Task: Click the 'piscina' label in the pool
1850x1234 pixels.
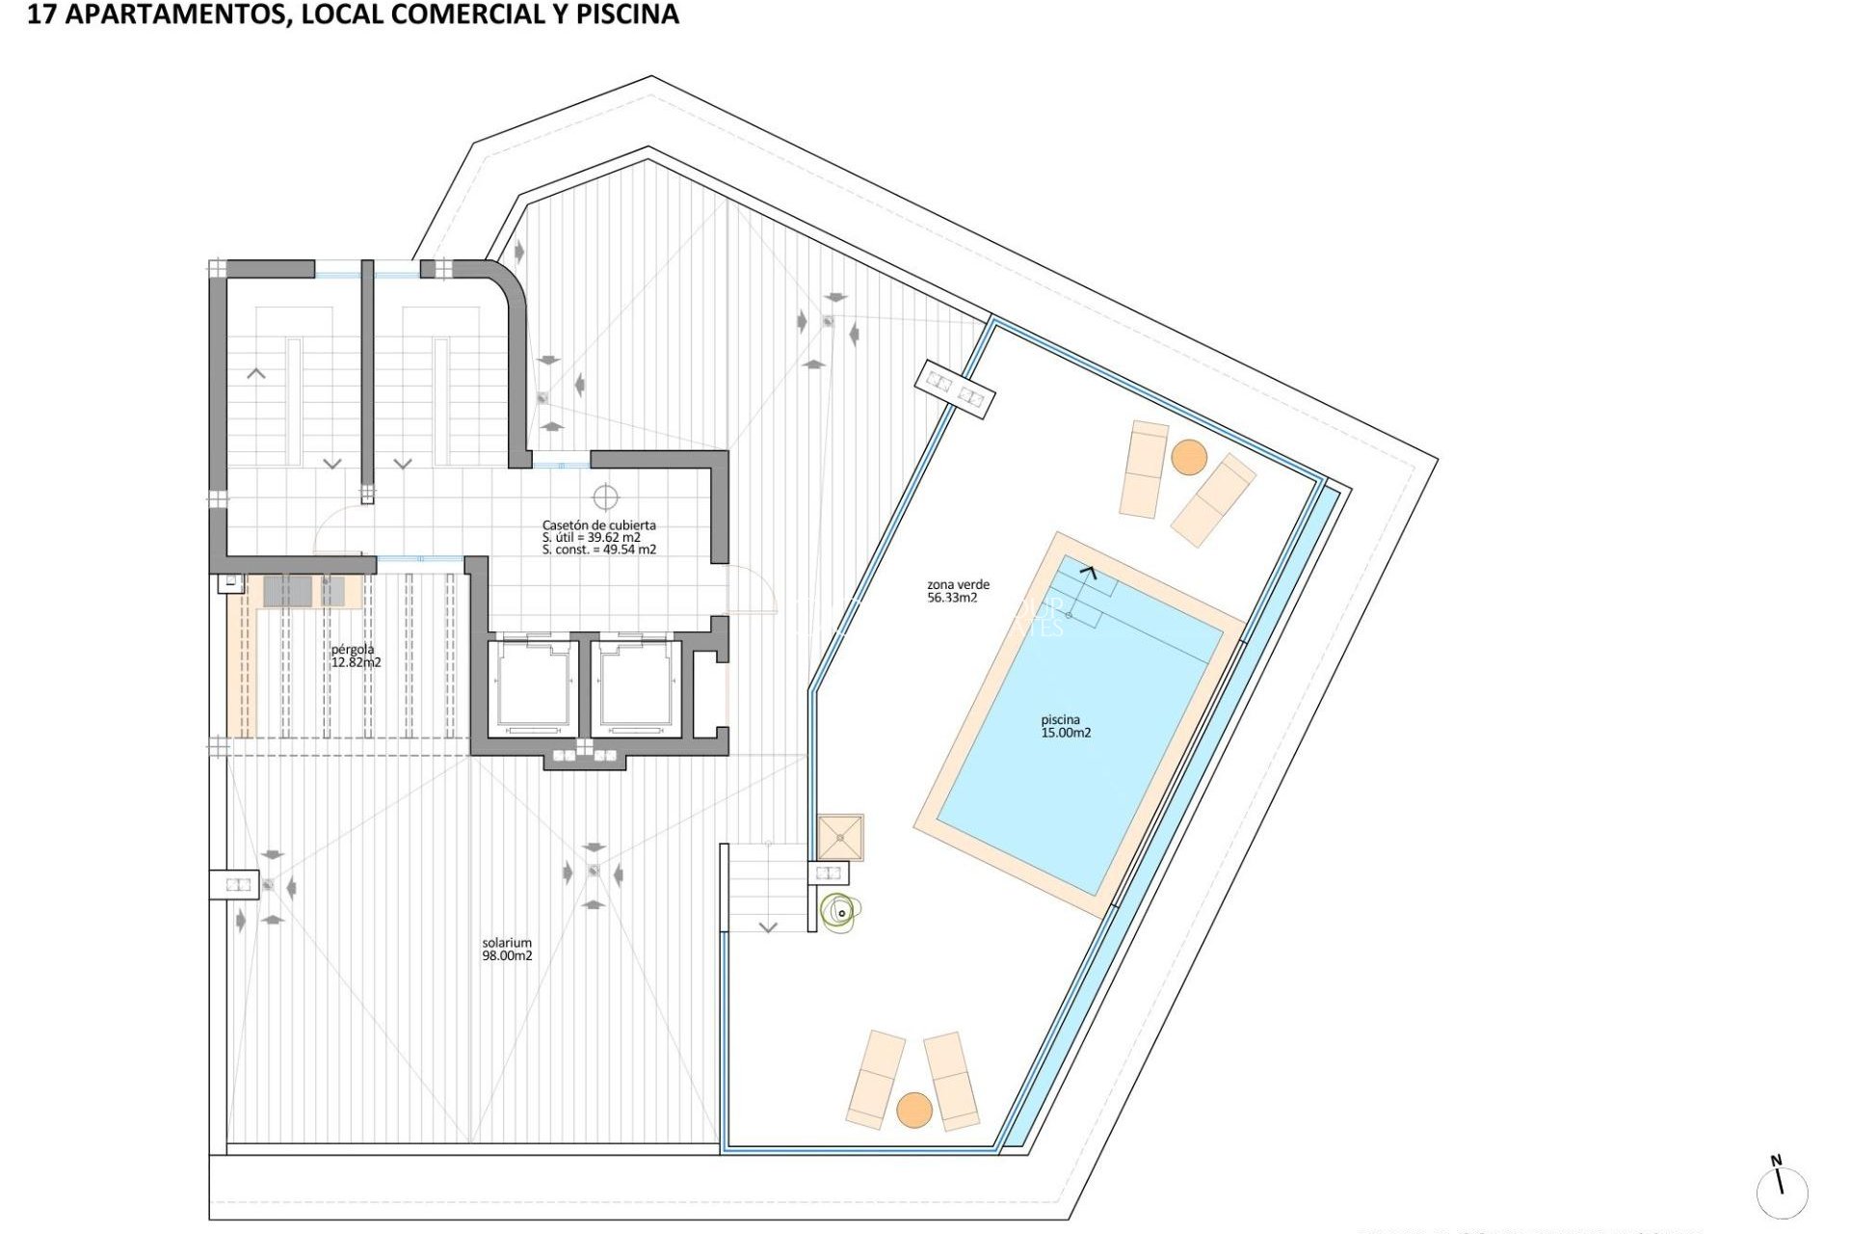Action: click(1060, 719)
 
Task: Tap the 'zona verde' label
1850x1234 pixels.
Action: click(958, 584)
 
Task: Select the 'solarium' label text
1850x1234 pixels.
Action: click(507, 943)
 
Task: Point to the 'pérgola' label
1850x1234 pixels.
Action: click(353, 649)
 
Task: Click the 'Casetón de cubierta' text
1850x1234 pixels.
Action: click(598, 525)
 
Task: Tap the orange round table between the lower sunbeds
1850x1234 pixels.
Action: click(914, 1110)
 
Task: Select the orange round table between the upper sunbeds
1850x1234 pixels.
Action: click(1189, 457)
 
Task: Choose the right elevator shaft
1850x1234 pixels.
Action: click(635, 686)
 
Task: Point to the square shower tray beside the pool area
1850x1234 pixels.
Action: click(840, 837)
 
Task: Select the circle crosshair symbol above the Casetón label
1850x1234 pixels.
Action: click(605, 497)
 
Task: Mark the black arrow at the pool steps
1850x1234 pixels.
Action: click(1088, 572)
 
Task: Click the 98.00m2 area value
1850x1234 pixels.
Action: click(507, 955)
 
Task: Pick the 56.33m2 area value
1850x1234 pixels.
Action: click(952, 598)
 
